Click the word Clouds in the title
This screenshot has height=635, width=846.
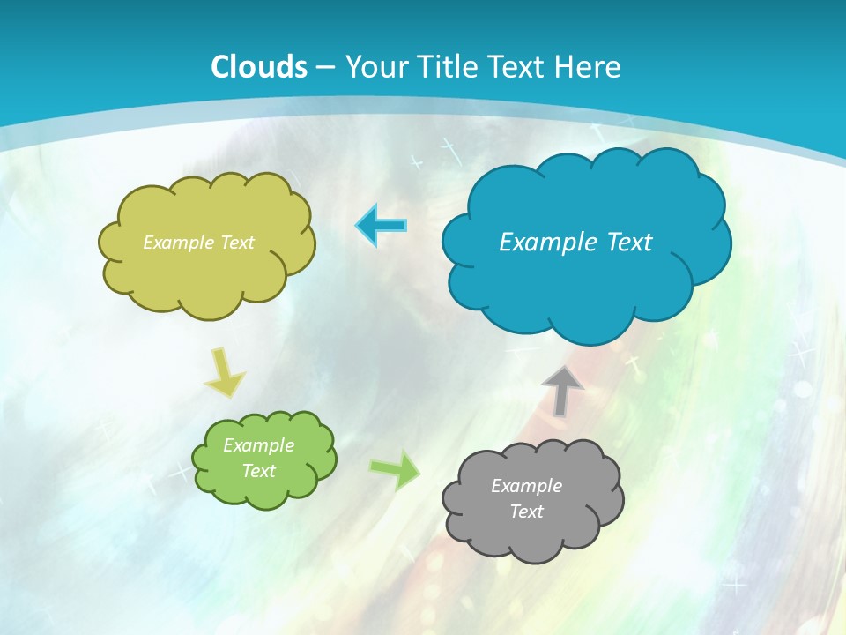259,67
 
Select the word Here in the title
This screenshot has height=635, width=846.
590,67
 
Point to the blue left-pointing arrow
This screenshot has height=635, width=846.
382,225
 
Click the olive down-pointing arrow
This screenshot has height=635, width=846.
226,373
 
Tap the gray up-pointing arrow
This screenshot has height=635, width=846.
562,391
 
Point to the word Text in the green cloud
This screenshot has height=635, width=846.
259,471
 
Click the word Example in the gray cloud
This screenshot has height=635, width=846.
526,486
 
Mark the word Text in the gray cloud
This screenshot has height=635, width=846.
526,512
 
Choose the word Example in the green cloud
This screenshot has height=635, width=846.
258,445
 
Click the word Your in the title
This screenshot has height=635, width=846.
374,67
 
